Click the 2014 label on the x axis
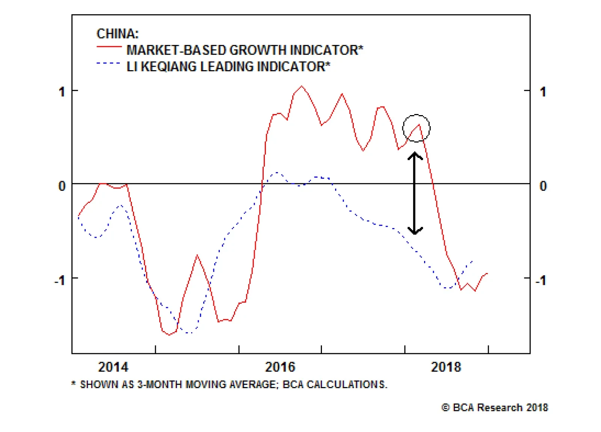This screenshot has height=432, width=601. [113, 367]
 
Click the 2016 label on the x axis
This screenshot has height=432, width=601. [280, 367]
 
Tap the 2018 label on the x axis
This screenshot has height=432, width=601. [446, 367]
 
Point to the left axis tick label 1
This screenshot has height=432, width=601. [62, 91]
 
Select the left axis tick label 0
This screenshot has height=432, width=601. [62, 186]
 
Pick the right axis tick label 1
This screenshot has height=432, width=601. [543, 91]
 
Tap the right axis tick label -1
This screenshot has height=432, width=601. [541, 280]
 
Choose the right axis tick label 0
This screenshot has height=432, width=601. [543, 186]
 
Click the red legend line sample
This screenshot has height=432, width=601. [109, 46]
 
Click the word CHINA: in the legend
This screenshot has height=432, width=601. [118, 34]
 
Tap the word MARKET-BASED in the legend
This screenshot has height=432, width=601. [176, 50]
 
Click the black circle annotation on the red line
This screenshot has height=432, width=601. [416, 128]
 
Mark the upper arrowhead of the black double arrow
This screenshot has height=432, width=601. [415, 154]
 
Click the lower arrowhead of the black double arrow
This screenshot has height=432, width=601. [415, 231]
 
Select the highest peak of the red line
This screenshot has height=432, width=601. [302, 86]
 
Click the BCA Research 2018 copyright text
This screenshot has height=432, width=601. [495, 408]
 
